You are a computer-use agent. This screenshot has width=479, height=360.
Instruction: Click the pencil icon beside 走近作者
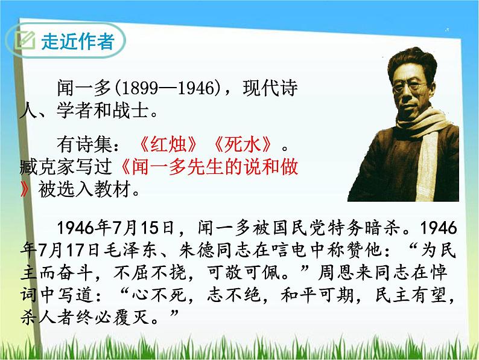pos(25,42)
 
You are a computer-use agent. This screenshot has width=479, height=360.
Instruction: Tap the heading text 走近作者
pos(77,42)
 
